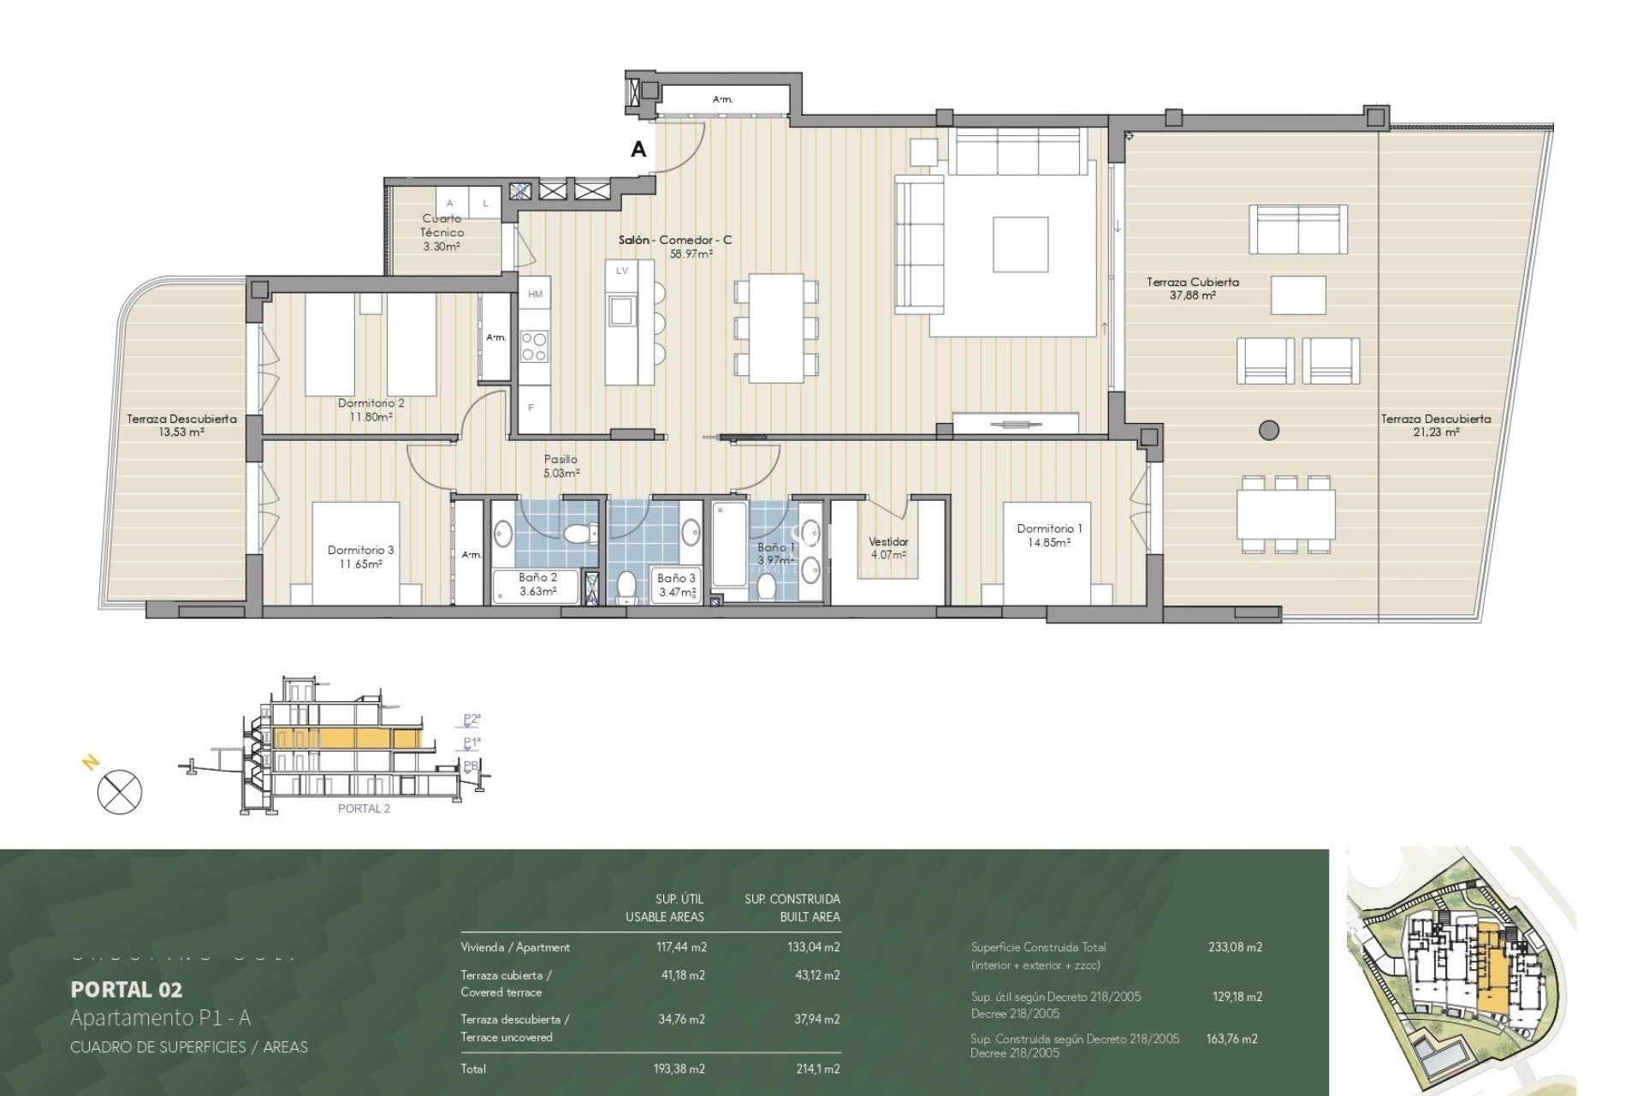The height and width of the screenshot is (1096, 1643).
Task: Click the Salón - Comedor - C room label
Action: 675,241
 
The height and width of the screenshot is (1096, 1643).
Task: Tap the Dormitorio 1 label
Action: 1049,528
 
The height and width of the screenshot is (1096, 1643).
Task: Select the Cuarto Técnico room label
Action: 442,225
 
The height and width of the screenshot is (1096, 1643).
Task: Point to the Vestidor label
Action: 888,541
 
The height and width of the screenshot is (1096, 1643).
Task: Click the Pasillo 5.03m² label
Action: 561,466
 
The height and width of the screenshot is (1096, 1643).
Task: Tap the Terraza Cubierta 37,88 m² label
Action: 1193,288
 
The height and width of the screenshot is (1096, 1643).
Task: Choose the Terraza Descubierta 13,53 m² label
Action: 181,426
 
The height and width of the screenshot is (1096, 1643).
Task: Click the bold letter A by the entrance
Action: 638,150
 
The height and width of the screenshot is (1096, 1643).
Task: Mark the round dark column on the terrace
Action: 1269,430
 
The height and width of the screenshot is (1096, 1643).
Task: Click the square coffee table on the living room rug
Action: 1021,244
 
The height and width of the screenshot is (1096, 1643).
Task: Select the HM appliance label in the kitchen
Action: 536,295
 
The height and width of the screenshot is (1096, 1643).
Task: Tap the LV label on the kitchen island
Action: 622,271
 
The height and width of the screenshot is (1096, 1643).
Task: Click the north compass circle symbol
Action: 120,791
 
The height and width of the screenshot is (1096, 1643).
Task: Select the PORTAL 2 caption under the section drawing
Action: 364,809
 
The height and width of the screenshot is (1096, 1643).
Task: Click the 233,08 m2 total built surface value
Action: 1235,947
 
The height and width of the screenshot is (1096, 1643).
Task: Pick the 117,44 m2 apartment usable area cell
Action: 680,947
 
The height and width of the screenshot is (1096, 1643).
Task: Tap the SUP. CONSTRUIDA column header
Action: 792,899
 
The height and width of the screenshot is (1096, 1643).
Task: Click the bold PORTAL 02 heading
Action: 127,990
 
